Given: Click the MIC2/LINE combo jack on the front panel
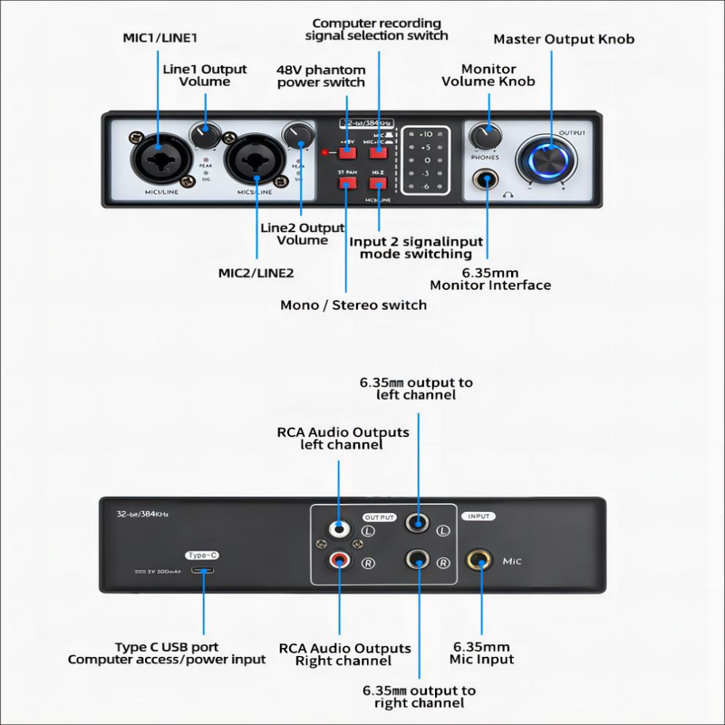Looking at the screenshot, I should point(249,160).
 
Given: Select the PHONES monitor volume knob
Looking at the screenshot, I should point(486,137).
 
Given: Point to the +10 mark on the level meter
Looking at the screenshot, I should point(426,134).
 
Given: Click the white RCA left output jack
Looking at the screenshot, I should point(337,527).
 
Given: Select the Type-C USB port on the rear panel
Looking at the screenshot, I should point(201,571).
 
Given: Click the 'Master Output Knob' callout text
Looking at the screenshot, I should point(564,39).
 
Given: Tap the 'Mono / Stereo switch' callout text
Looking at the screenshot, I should point(353,304).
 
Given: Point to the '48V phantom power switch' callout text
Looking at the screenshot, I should point(321,76).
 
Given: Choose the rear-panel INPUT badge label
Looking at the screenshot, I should point(479,516).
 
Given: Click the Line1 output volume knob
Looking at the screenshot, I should point(206,136).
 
